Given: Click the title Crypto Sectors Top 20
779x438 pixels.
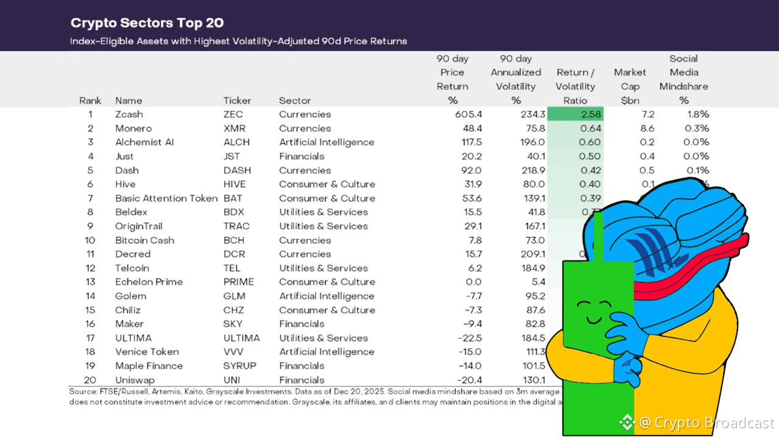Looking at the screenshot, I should (147, 23).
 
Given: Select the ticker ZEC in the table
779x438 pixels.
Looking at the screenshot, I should (232, 114).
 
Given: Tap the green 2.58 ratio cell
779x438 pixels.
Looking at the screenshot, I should (575, 114).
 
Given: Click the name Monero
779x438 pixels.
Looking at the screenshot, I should (133, 128).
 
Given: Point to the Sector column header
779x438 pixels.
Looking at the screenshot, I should (295, 100).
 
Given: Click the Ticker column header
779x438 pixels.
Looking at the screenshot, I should (237, 100).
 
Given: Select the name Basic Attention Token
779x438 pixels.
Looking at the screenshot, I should (166, 198).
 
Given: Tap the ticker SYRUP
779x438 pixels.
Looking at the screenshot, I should (240, 366).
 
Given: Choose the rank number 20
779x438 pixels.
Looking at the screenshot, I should (90, 380).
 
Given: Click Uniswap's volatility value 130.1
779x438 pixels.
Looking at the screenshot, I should (529, 380).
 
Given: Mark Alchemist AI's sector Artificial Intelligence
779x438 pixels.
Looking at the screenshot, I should (326, 142).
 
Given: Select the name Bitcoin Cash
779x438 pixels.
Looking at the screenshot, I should (145, 240).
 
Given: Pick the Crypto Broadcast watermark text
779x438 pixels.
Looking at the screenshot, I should (706, 423).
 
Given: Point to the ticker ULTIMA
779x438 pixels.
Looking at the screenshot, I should (241, 338).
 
